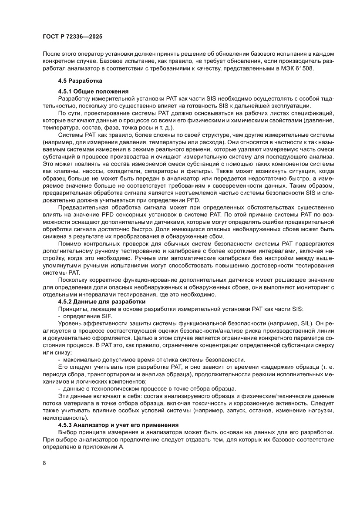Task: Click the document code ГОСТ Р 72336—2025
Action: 73,37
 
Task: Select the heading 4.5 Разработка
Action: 80,81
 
